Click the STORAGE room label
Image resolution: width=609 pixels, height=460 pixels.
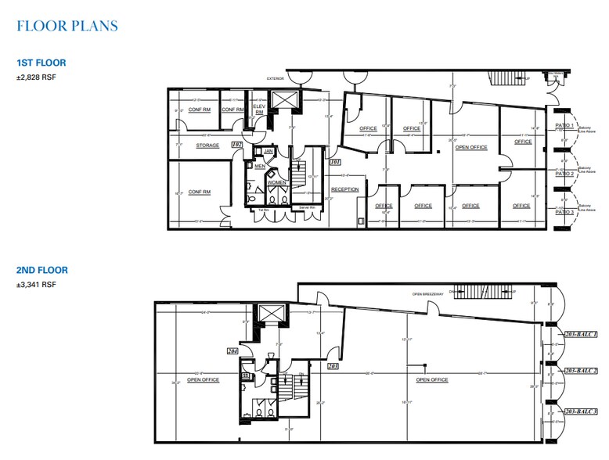point(207,146)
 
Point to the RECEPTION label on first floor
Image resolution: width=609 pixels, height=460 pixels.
point(344,189)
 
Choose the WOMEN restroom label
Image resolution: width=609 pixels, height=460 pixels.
point(276,182)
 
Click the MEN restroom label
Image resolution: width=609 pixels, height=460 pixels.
point(260,166)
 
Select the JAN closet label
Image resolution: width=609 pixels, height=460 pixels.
point(268,150)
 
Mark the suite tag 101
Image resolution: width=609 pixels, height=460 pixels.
point(335,162)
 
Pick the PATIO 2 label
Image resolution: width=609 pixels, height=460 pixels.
point(564,173)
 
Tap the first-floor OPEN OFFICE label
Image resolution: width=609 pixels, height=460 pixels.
point(471,146)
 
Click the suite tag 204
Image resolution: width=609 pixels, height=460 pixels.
point(232,351)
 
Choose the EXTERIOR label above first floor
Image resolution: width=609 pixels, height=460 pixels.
point(275,78)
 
